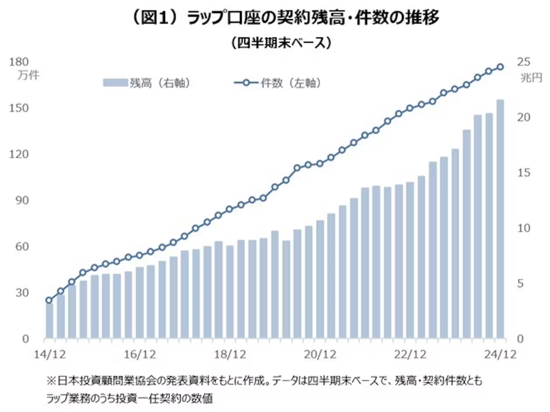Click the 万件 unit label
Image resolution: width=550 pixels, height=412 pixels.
coord(29,75)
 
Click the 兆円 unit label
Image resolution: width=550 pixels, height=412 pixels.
coord(531,78)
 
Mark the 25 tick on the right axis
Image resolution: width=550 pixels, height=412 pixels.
coord(524,62)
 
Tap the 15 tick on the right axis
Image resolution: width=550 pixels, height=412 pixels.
coord(524,173)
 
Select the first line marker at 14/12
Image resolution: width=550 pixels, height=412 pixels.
coord(49,300)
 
